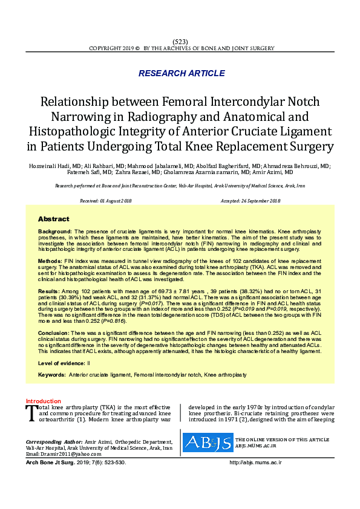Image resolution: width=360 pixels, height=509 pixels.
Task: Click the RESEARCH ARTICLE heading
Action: point(182,73)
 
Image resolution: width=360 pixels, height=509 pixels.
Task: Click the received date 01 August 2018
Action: point(114,200)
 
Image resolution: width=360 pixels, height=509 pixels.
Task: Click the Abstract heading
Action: point(53,219)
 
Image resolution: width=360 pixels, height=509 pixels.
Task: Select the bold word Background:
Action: point(55,232)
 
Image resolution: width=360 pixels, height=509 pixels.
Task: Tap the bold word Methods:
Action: point(51,259)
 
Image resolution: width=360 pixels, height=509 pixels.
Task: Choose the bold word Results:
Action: point(50,291)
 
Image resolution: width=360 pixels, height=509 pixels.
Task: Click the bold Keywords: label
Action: point(51,375)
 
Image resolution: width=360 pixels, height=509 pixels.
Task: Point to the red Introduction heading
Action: point(43,401)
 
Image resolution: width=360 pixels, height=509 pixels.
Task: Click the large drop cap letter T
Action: point(32,413)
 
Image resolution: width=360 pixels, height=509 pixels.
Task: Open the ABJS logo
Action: point(208,443)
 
